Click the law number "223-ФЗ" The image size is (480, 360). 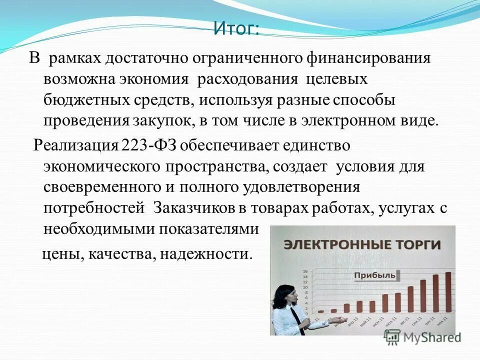click(148, 144)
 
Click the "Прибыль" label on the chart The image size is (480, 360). click(375, 275)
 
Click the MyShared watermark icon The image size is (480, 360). click(392, 337)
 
